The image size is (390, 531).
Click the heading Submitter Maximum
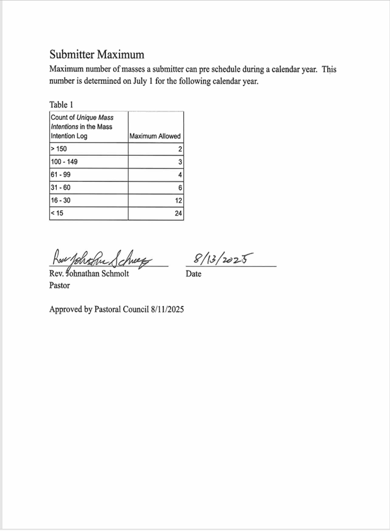point(97,54)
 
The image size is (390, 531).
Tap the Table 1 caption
point(61,105)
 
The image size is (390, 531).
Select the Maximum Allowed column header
point(155,136)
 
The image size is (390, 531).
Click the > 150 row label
point(59,149)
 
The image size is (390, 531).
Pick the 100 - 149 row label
point(64,162)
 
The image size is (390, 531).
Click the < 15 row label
point(57,214)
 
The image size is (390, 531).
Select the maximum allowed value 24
point(179,214)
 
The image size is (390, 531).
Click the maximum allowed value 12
point(179,201)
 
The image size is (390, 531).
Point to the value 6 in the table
point(181,188)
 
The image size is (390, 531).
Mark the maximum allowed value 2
point(181,149)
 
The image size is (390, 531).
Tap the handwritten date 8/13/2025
point(223,259)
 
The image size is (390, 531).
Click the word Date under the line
point(193,274)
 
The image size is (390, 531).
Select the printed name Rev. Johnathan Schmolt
point(89,274)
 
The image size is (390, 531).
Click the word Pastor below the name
point(60,285)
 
